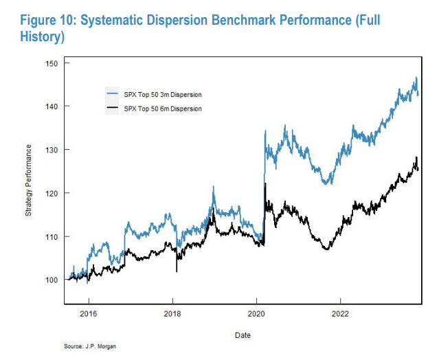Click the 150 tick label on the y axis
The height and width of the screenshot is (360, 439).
coord(49,63)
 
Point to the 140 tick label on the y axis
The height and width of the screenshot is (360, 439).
coord(49,106)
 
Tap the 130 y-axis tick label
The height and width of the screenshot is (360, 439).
coord(49,149)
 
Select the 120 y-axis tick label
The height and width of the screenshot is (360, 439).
coord(49,193)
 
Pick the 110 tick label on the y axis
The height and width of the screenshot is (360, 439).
coord(49,236)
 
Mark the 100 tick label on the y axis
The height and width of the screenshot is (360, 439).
coord(49,280)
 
